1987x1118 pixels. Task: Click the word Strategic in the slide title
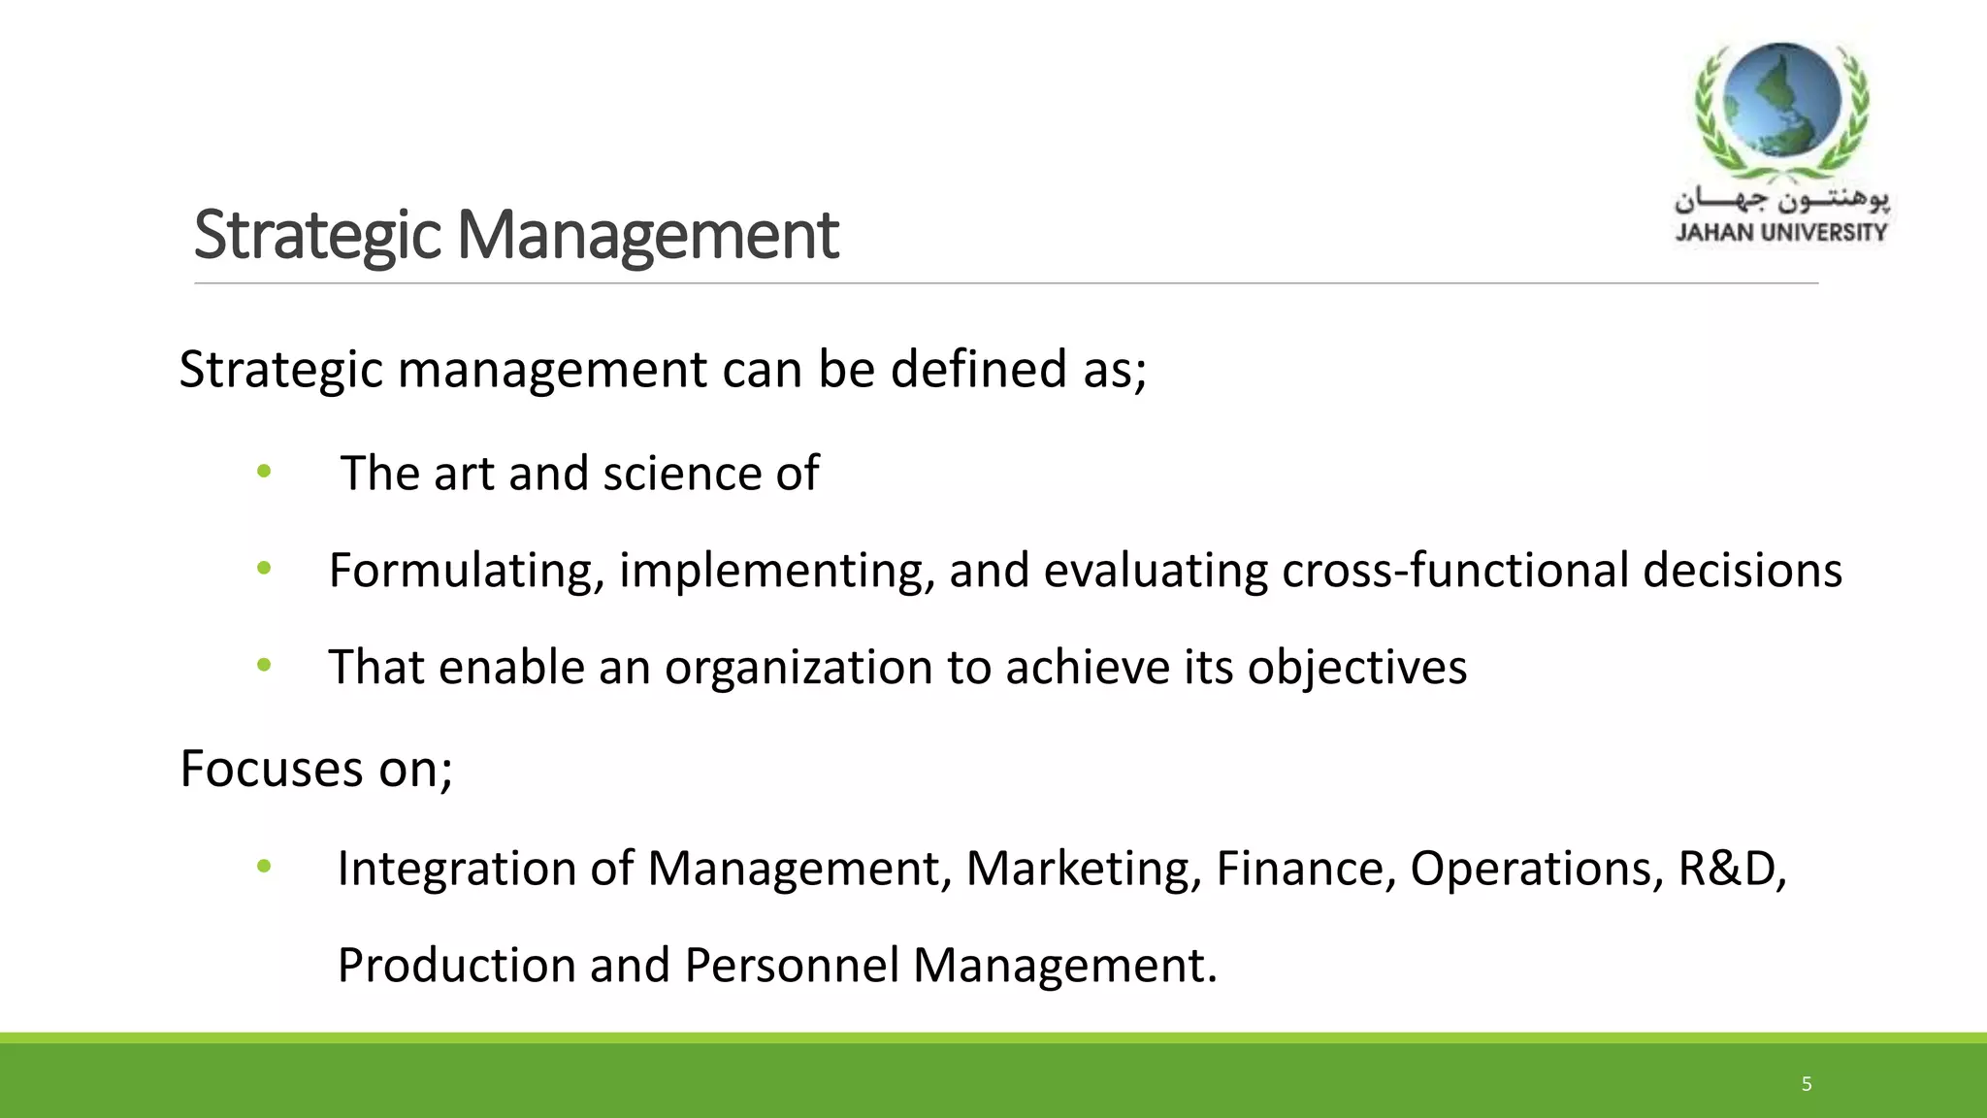(317, 236)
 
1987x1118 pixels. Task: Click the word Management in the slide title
(647, 236)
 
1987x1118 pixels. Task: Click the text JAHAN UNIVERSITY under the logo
(1781, 233)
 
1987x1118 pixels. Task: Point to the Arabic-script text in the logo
(1781, 201)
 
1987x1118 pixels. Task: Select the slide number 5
(1807, 1084)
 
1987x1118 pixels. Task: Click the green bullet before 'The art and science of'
(264, 473)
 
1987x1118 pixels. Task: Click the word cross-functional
(1454, 571)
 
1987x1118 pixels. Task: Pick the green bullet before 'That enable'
(264, 666)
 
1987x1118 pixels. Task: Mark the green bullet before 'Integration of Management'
(264, 867)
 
